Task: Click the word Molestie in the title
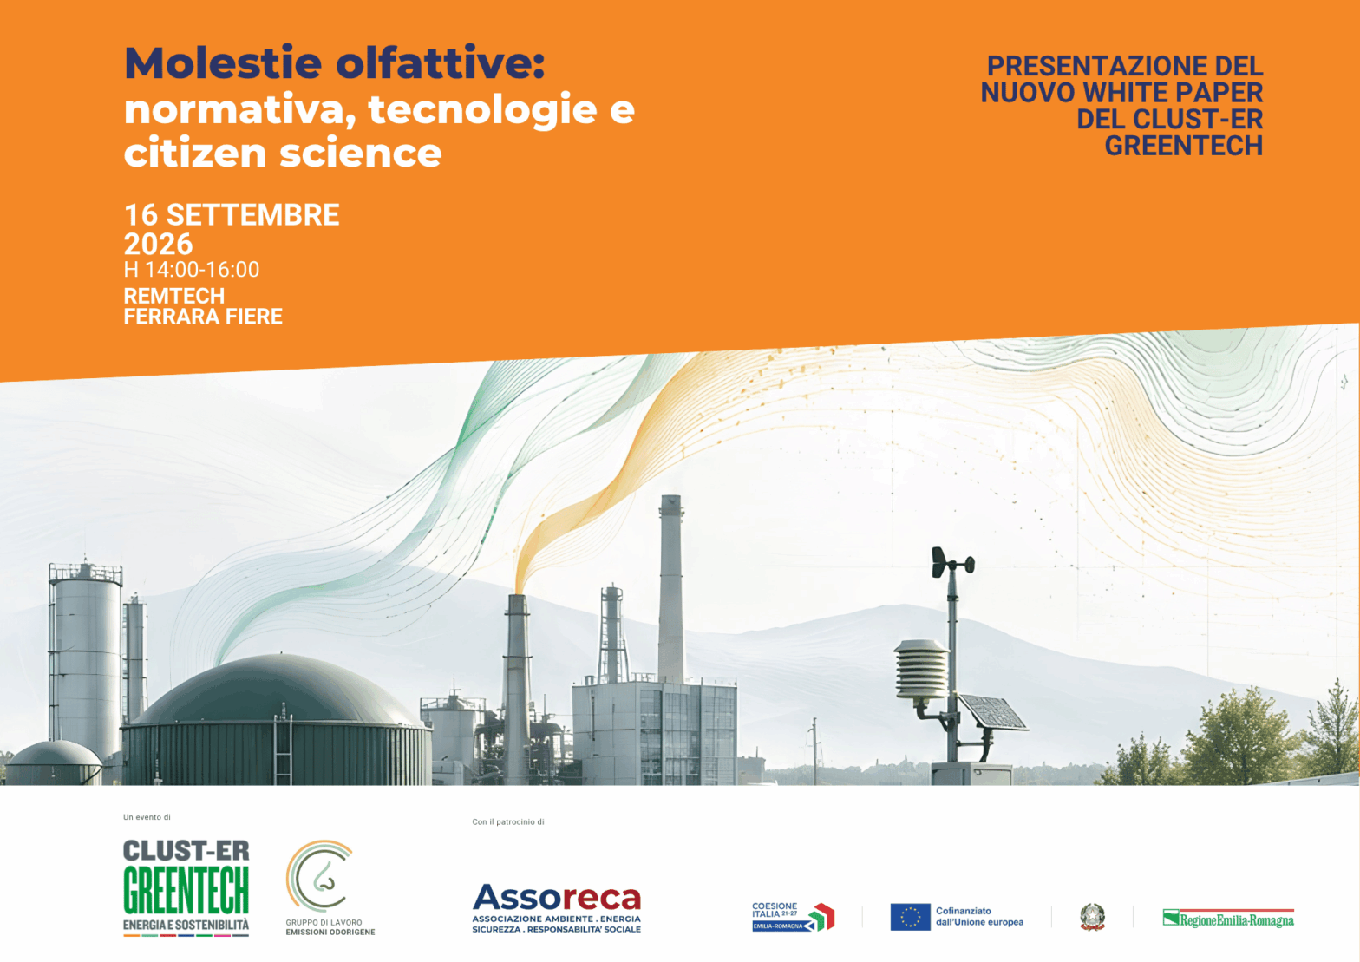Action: [223, 62]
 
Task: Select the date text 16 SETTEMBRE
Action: [232, 215]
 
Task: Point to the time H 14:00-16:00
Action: [191, 269]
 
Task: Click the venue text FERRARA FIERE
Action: [203, 317]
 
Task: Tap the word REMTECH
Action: [174, 296]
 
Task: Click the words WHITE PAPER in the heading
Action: [1173, 92]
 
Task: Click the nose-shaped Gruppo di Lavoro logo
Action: [320, 876]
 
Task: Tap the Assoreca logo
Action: [557, 907]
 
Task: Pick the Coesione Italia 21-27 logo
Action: [793, 917]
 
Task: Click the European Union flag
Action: [910, 917]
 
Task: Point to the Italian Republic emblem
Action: [1092, 917]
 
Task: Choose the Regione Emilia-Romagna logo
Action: [1228, 919]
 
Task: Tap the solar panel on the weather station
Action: [992, 712]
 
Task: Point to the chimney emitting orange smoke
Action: [517, 686]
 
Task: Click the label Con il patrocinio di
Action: [508, 821]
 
